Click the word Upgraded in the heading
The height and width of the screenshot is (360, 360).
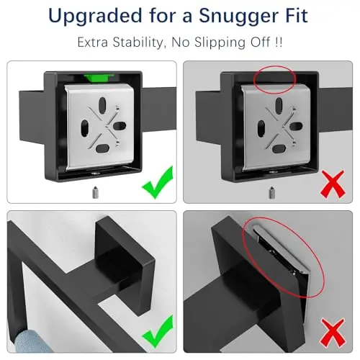95,17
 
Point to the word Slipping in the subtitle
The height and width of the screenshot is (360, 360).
220,42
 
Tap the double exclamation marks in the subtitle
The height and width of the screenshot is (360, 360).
279,42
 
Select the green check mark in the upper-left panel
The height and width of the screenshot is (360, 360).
158,182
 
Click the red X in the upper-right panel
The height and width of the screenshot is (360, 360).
333,184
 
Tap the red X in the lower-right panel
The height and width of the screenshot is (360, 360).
333,333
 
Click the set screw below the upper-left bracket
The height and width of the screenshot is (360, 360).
95,192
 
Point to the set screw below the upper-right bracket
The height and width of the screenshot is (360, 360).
271,192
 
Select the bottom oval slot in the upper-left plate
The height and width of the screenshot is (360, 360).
102,148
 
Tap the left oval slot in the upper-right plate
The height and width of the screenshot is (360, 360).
261,127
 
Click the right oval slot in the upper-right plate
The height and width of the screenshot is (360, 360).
296,126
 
